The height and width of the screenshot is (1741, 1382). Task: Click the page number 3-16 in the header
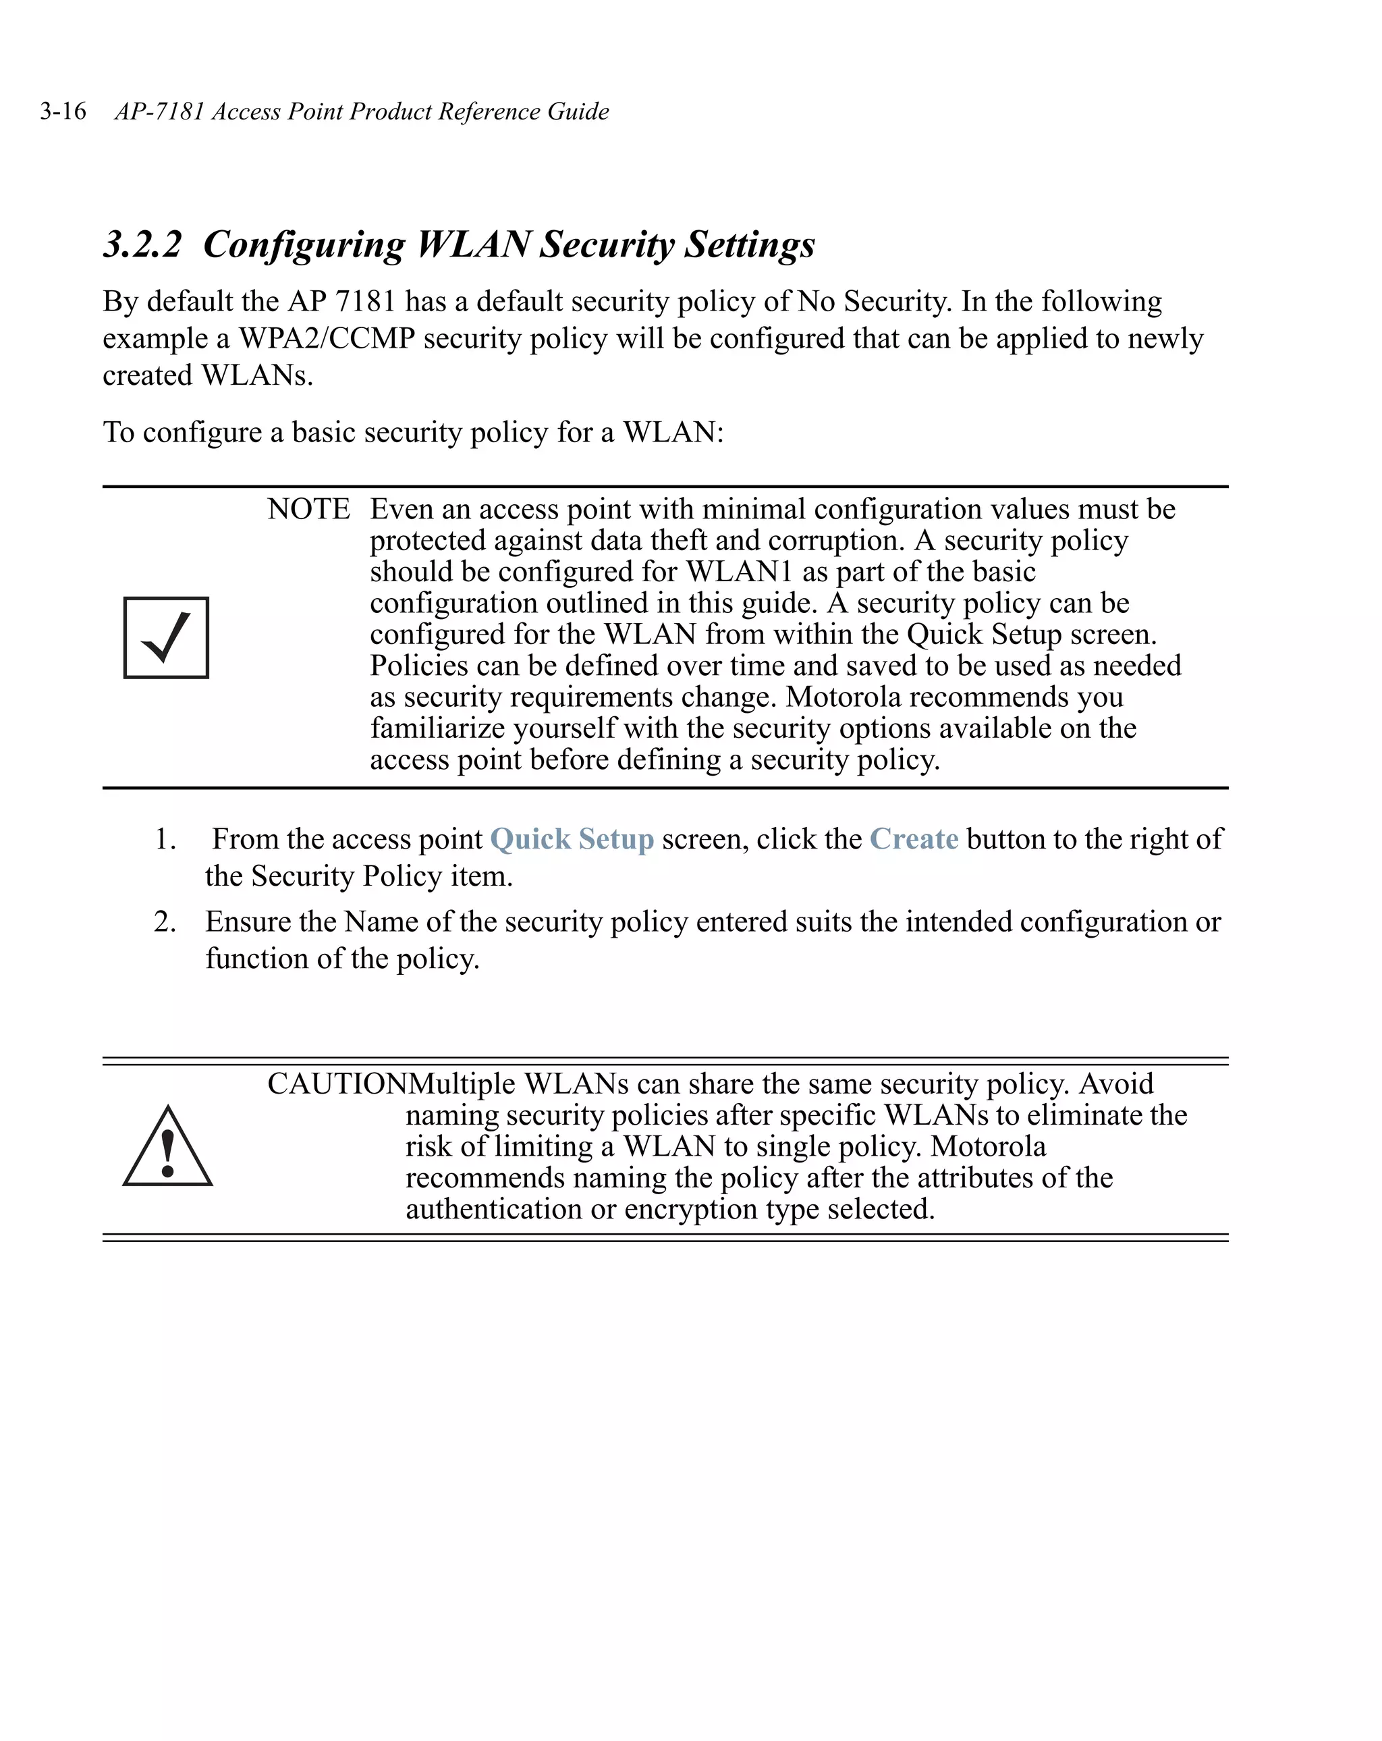[63, 111]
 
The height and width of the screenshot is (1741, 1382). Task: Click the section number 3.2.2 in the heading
[143, 244]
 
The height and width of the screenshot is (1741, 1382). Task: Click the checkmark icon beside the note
[165, 638]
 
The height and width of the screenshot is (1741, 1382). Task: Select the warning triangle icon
[167, 1147]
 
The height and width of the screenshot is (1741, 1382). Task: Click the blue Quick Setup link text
[572, 839]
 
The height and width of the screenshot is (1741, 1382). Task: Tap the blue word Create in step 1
[913, 839]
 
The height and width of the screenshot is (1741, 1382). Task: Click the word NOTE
[308, 510]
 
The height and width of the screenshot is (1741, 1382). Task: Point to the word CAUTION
[337, 1083]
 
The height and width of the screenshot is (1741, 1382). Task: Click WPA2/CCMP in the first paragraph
[326, 338]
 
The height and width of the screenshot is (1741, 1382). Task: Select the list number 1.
[165, 839]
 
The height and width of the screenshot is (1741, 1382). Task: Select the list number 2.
[165, 921]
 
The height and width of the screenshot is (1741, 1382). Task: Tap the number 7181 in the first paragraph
[365, 301]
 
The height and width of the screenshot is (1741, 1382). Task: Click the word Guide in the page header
[578, 111]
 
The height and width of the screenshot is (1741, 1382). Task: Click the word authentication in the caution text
[495, 1209]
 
